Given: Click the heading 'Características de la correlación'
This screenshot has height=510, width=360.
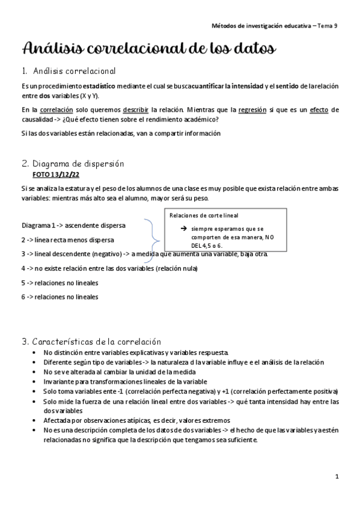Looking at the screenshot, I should pos(97,342).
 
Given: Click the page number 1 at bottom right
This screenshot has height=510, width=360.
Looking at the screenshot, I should pos(338,476).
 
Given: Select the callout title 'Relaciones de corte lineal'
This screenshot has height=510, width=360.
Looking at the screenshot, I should pos(204,215).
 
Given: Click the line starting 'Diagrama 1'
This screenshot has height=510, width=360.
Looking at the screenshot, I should pos(73,226).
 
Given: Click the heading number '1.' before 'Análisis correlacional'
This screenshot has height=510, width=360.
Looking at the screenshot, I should pos(25,72).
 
